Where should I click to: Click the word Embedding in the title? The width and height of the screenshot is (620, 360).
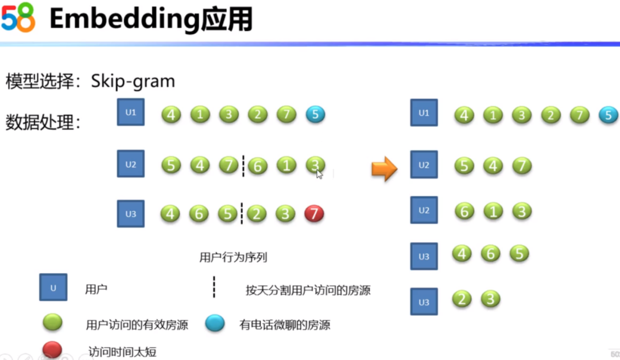pos(124,20)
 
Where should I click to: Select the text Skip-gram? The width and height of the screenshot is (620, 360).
pos(133,81)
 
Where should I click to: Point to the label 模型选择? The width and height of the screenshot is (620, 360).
pos(40,82)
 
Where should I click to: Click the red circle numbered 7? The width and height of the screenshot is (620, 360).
pos(314,214)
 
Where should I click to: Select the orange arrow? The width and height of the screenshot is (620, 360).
pos(384,168)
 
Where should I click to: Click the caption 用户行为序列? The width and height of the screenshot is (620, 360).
pos(233,257)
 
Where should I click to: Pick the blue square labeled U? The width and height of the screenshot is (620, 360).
pos(53,288)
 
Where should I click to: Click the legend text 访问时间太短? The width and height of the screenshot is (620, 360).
pos(122,350)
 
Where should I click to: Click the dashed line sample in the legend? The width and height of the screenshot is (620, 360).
pos(214,287)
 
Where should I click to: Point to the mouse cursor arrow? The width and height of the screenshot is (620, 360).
pos(319,173)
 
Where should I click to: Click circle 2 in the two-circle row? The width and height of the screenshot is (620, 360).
pos(462,299)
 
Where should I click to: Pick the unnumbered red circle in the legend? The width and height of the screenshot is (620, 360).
pos(52,349)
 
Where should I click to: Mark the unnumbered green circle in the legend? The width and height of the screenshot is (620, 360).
pos(52,323)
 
